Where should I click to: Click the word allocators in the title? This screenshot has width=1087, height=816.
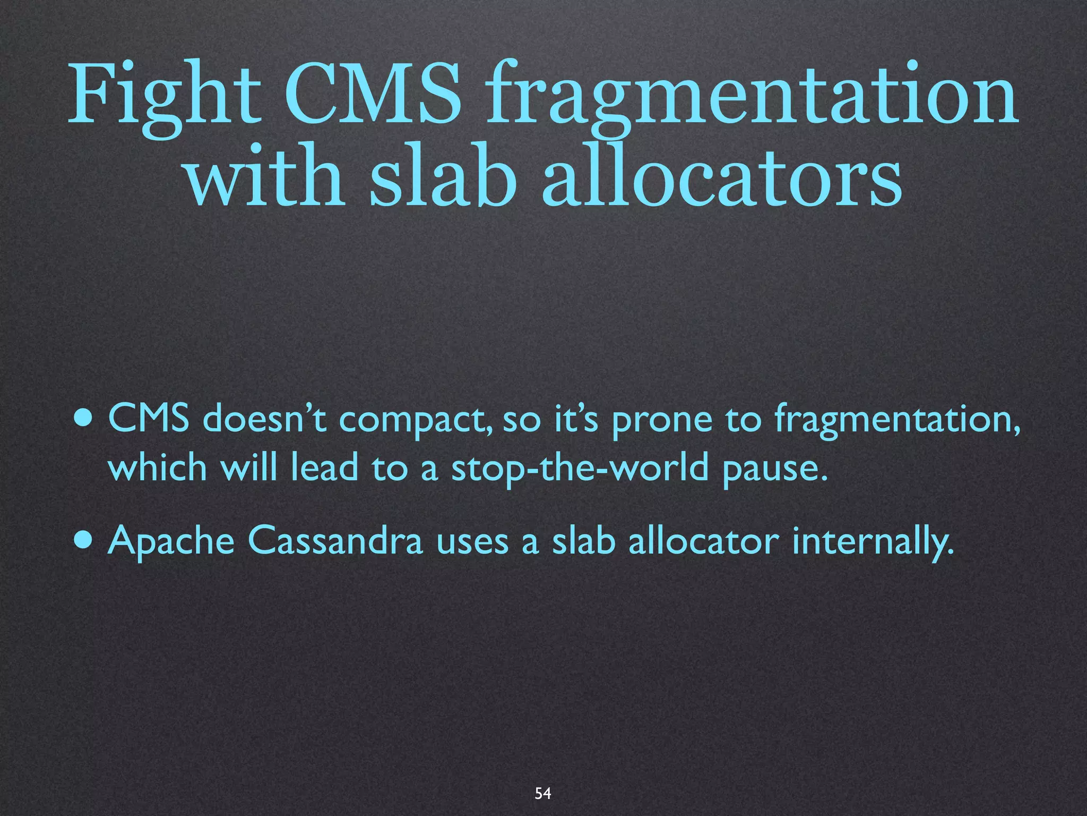[721, 176]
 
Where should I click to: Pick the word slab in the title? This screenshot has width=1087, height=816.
[443, 176]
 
